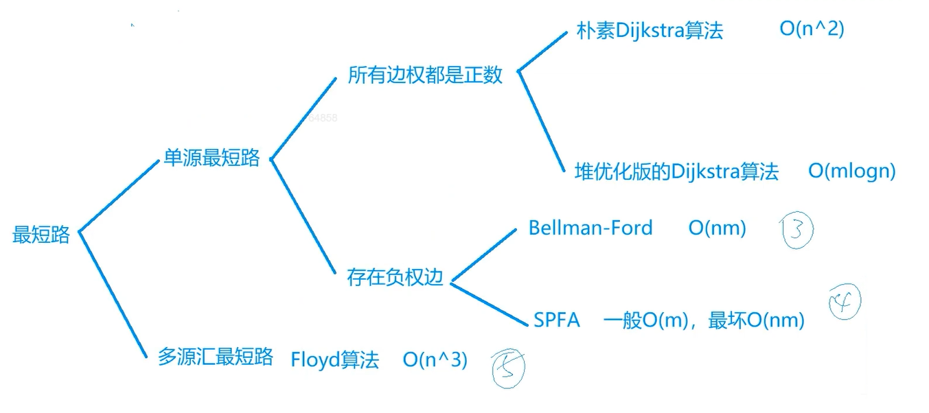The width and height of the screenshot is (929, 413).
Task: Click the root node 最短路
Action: tap(41, 235)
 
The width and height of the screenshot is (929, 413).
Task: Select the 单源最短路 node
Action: tap(211, 158)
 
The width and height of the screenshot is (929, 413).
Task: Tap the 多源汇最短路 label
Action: tap(216, 357)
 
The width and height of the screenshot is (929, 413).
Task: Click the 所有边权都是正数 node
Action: tap(425, 75)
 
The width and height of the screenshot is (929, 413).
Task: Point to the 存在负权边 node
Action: tap(395, 278)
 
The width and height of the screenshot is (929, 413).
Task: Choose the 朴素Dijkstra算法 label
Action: tap(650, 31)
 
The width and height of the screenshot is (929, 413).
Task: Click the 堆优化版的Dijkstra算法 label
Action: tap(676, 171)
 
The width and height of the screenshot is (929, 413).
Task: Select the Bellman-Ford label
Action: tap(590, 228)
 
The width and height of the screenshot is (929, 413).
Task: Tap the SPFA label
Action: tap(557, 320)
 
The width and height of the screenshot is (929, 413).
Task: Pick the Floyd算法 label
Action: tap(334, 359)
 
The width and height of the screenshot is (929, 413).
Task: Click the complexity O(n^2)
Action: tap(812, 29)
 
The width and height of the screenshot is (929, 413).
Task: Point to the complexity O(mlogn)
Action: tap(851, 171)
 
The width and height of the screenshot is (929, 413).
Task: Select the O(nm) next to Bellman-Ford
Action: tap(717, 228)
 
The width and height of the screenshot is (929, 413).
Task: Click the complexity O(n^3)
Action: tap(435, 359)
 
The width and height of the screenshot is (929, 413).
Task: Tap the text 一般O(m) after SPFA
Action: tap(646, 320)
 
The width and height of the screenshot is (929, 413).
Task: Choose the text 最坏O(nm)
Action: tap(756, 320)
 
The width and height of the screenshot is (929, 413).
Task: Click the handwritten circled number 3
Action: tap(796, 230)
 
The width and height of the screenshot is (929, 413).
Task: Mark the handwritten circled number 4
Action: tap(843, 301)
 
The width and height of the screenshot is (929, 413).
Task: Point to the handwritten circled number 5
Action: tap(509, 368)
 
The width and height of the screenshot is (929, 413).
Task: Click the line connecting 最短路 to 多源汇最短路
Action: tap(113, 295)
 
